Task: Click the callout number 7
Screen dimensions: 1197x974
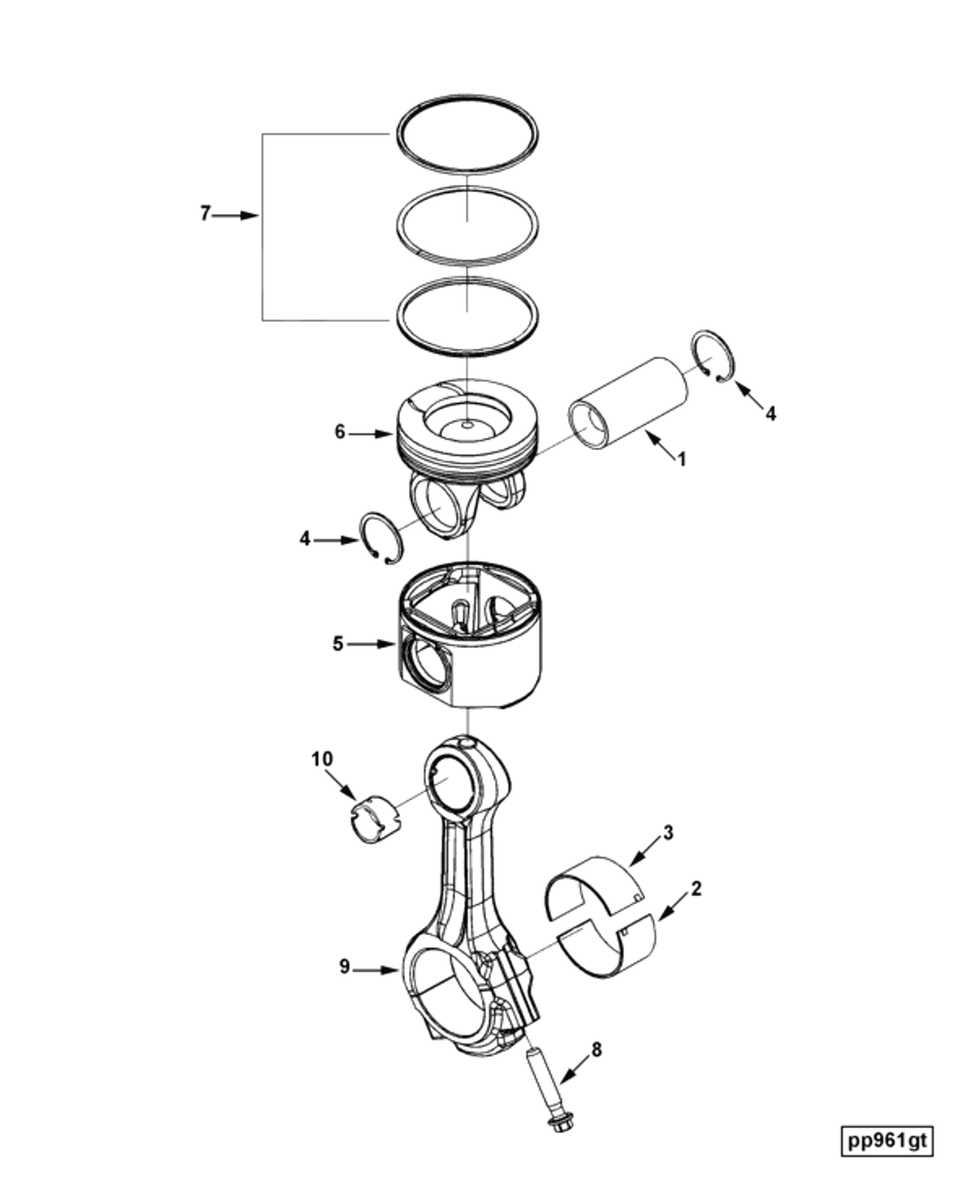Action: point(204,214)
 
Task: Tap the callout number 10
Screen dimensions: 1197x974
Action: point(322,759)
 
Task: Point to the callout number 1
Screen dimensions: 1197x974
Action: point(682,459)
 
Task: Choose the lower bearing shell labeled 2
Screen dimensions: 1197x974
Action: point(609,951)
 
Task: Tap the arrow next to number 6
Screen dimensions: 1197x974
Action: point(372,433)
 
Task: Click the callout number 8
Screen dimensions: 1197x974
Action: point(597,1049)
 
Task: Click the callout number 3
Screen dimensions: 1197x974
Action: point(668,833)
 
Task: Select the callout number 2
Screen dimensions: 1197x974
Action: point(696,888)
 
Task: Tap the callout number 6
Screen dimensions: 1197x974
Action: point(340,432)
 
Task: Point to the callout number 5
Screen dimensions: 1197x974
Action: point(339,644)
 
